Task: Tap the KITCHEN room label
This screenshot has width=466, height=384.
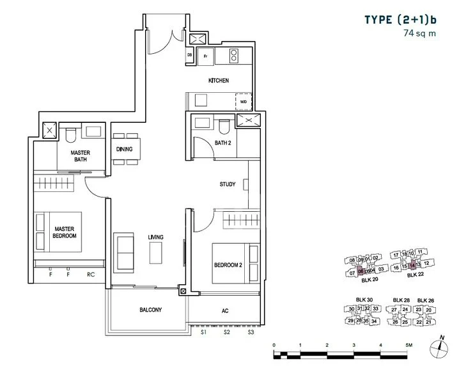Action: (219, 81)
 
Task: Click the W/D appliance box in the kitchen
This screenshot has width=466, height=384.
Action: (244, 102)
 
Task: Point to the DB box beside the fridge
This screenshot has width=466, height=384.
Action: (190, 56)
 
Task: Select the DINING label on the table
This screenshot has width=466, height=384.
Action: (125, 149)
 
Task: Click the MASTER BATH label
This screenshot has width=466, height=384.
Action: (80, 157)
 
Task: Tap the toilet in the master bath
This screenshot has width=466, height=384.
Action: (71, 134)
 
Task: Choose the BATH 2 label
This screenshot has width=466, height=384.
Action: (223, 143)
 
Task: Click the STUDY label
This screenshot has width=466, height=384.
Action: (228, 184)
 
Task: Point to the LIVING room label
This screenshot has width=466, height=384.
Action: (156, 237)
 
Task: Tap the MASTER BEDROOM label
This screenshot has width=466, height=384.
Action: (65, 232)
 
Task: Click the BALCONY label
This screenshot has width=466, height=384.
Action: (150, 310)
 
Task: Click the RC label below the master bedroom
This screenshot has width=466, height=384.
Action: (90, 276)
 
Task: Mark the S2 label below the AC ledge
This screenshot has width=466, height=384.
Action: (226, 333)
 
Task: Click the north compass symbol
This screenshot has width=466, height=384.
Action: (439, 346)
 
